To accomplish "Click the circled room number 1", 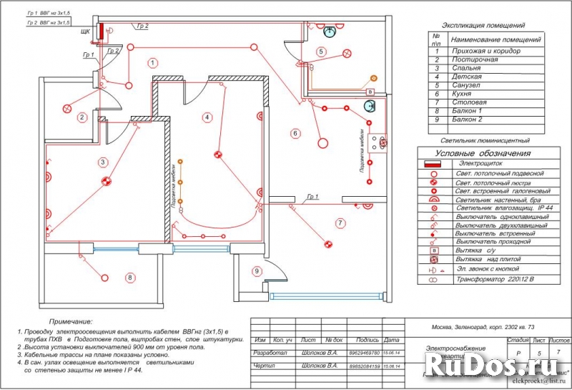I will coord(152,63).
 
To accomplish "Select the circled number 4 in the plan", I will coord(207,117).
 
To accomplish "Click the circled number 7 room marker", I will coord(340,223).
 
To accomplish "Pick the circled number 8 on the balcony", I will coord(130,278).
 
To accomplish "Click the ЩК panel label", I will coord(85,32).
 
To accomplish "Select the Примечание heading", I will coord(70,323).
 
